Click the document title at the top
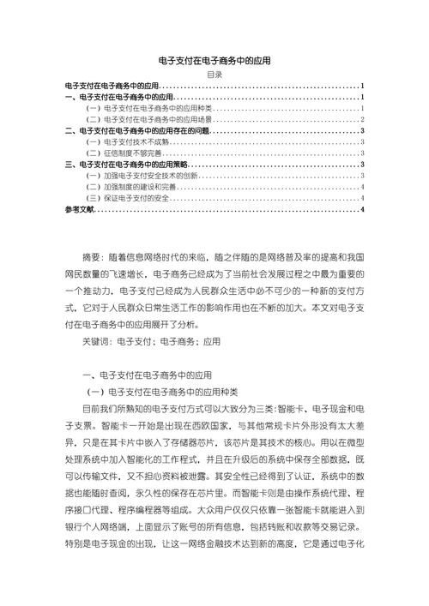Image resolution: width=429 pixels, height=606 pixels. click(x=214, y=61)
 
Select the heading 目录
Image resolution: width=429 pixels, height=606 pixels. click(x=214, y=75)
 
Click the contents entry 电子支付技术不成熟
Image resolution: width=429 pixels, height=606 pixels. click(x=129, y=142)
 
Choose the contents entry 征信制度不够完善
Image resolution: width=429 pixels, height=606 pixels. click(x=125, y=153)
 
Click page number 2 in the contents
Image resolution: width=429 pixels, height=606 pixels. click(x=364, y=120)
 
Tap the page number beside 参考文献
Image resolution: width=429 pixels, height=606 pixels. click(x=364, y=209)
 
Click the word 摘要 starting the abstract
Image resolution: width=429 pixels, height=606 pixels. click(x=93, y=257)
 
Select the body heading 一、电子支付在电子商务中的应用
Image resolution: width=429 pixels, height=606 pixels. click(x=146, y=375)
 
